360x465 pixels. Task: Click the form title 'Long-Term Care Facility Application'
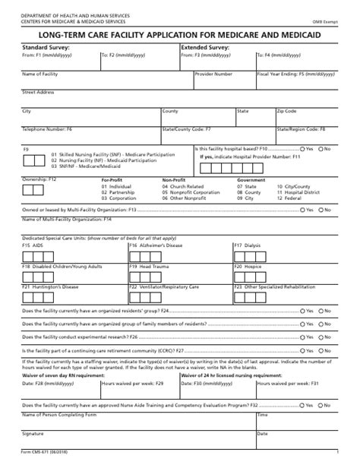pos(180,33)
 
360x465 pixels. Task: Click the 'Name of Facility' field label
pos(39,74)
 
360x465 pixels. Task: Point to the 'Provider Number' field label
pos(213,74)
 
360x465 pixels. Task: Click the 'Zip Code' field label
pos(286,111)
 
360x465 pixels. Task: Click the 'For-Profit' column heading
pos(112,180)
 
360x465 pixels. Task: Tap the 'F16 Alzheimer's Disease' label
pos(156,245)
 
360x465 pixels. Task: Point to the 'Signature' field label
pos(33,434)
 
